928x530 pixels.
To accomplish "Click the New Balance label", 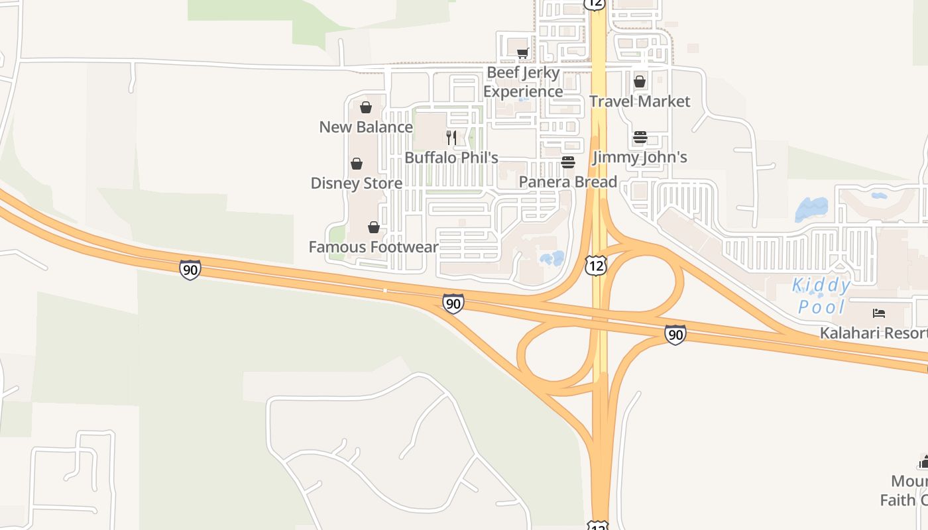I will click(x=366, y=127).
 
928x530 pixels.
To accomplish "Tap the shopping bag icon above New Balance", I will click(x=366, y=107).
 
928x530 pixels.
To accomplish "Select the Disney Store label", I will click(x=357, y=183).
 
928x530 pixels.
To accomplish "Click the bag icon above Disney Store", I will click(x=357, y=164).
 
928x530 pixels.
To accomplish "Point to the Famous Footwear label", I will click(x=374, y=247).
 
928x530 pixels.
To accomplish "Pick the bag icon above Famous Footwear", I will click(x=374, y=227).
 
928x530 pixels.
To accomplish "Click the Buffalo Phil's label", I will click(x=451, y=158).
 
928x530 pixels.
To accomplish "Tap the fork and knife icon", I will click(x=451, y=138).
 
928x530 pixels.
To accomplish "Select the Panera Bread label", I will click(x=568, y=182).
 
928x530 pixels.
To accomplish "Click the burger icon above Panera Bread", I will click(x=568, y=162).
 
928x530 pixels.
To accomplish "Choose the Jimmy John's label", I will click(x=640, y=157).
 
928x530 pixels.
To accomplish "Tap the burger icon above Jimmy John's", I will click(x=640, y=138).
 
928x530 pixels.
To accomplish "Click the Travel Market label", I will click(x=640, y=101).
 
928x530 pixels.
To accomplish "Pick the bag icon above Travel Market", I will click(x=640, y=81).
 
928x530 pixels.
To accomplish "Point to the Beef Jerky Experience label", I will click(x=523, y=82).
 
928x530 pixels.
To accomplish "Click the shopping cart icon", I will click(x=522, y=53).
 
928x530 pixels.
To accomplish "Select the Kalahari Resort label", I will click(x=873, y=333).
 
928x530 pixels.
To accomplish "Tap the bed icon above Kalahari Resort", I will click(x=879, y=313).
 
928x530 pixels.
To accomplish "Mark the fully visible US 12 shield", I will click(x=596, y=267).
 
